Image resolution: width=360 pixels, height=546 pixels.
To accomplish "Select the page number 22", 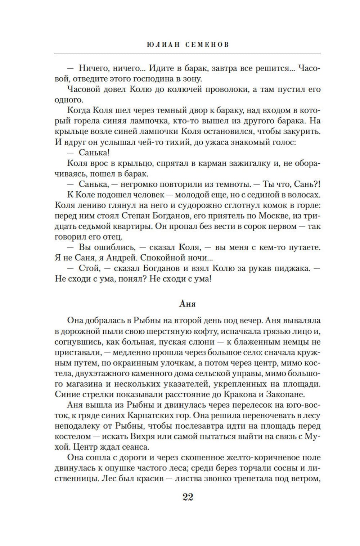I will click(188, 497).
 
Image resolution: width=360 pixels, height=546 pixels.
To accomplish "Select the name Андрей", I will click(120, 258).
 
